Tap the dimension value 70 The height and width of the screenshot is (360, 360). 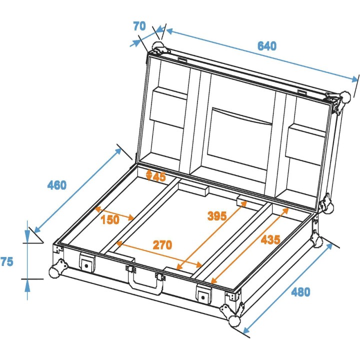[139, 26]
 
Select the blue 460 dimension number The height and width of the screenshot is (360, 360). [56, 185]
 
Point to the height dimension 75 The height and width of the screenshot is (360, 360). [7, 261]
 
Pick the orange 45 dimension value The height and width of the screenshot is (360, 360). [159, 176]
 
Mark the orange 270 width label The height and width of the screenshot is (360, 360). [162, 245]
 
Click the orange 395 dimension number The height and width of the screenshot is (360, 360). [217, 216]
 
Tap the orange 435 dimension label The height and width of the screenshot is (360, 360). [270, 239]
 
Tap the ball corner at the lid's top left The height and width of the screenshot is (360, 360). [157, 48]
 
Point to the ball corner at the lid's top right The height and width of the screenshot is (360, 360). [345, 97]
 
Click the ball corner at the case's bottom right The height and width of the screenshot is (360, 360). [234, 320]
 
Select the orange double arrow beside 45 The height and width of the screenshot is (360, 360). [148, 174]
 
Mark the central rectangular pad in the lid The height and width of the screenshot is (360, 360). [241, 137]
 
